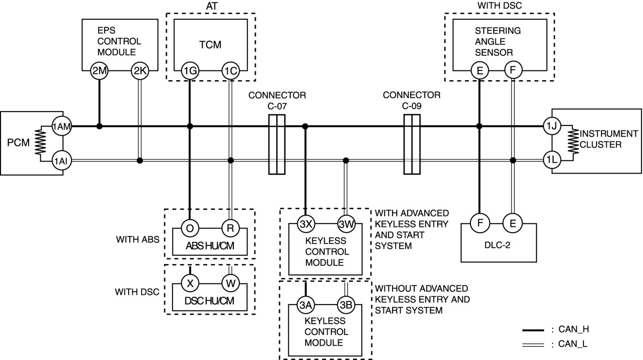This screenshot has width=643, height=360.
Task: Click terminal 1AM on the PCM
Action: (x=61, y=126)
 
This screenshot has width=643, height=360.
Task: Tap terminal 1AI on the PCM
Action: (x=61, y=161)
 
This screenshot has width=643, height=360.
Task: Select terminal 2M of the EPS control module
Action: (x=99, y=71)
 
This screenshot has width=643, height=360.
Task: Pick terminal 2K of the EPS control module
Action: (x=140, y=71)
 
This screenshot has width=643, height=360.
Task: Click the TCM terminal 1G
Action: (x=190, y=71)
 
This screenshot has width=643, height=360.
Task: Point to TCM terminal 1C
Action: (x=231, y=71)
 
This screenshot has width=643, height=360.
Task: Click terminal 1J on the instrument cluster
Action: (x=552, y=126)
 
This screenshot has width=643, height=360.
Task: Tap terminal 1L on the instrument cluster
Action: (x=552, y=160)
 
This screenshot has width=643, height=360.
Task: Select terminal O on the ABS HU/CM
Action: (x=190, y=228)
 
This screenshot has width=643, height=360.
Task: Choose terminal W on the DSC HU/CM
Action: (x=231, y=283)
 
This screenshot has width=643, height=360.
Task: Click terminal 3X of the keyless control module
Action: (x=306, y=224)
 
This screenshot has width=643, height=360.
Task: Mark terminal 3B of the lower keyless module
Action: (x=346, y=305)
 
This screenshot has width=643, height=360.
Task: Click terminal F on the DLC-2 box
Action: (x=480, y=223)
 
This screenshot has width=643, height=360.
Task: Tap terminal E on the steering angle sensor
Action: (x=480, y=71)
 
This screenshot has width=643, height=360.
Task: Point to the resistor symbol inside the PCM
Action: (x=41, y=142)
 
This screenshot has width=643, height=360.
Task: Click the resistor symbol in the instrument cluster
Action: (x=573, y=142)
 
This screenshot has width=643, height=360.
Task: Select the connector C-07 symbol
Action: (x=277, y=145)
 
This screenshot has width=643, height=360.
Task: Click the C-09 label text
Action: (x=411, y=106)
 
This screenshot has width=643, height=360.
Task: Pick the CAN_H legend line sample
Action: (x=533, y=330)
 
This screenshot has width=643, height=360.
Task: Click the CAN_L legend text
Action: (x=573, y=344)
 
